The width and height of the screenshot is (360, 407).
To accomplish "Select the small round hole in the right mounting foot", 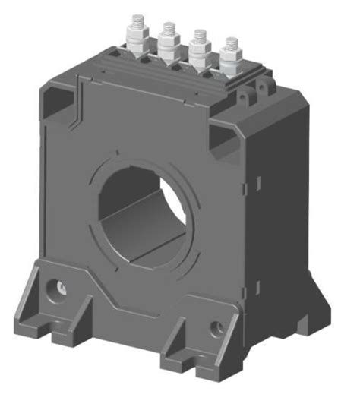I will coord(216,328).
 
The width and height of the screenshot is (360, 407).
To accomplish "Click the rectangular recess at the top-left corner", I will coord(61,98).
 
